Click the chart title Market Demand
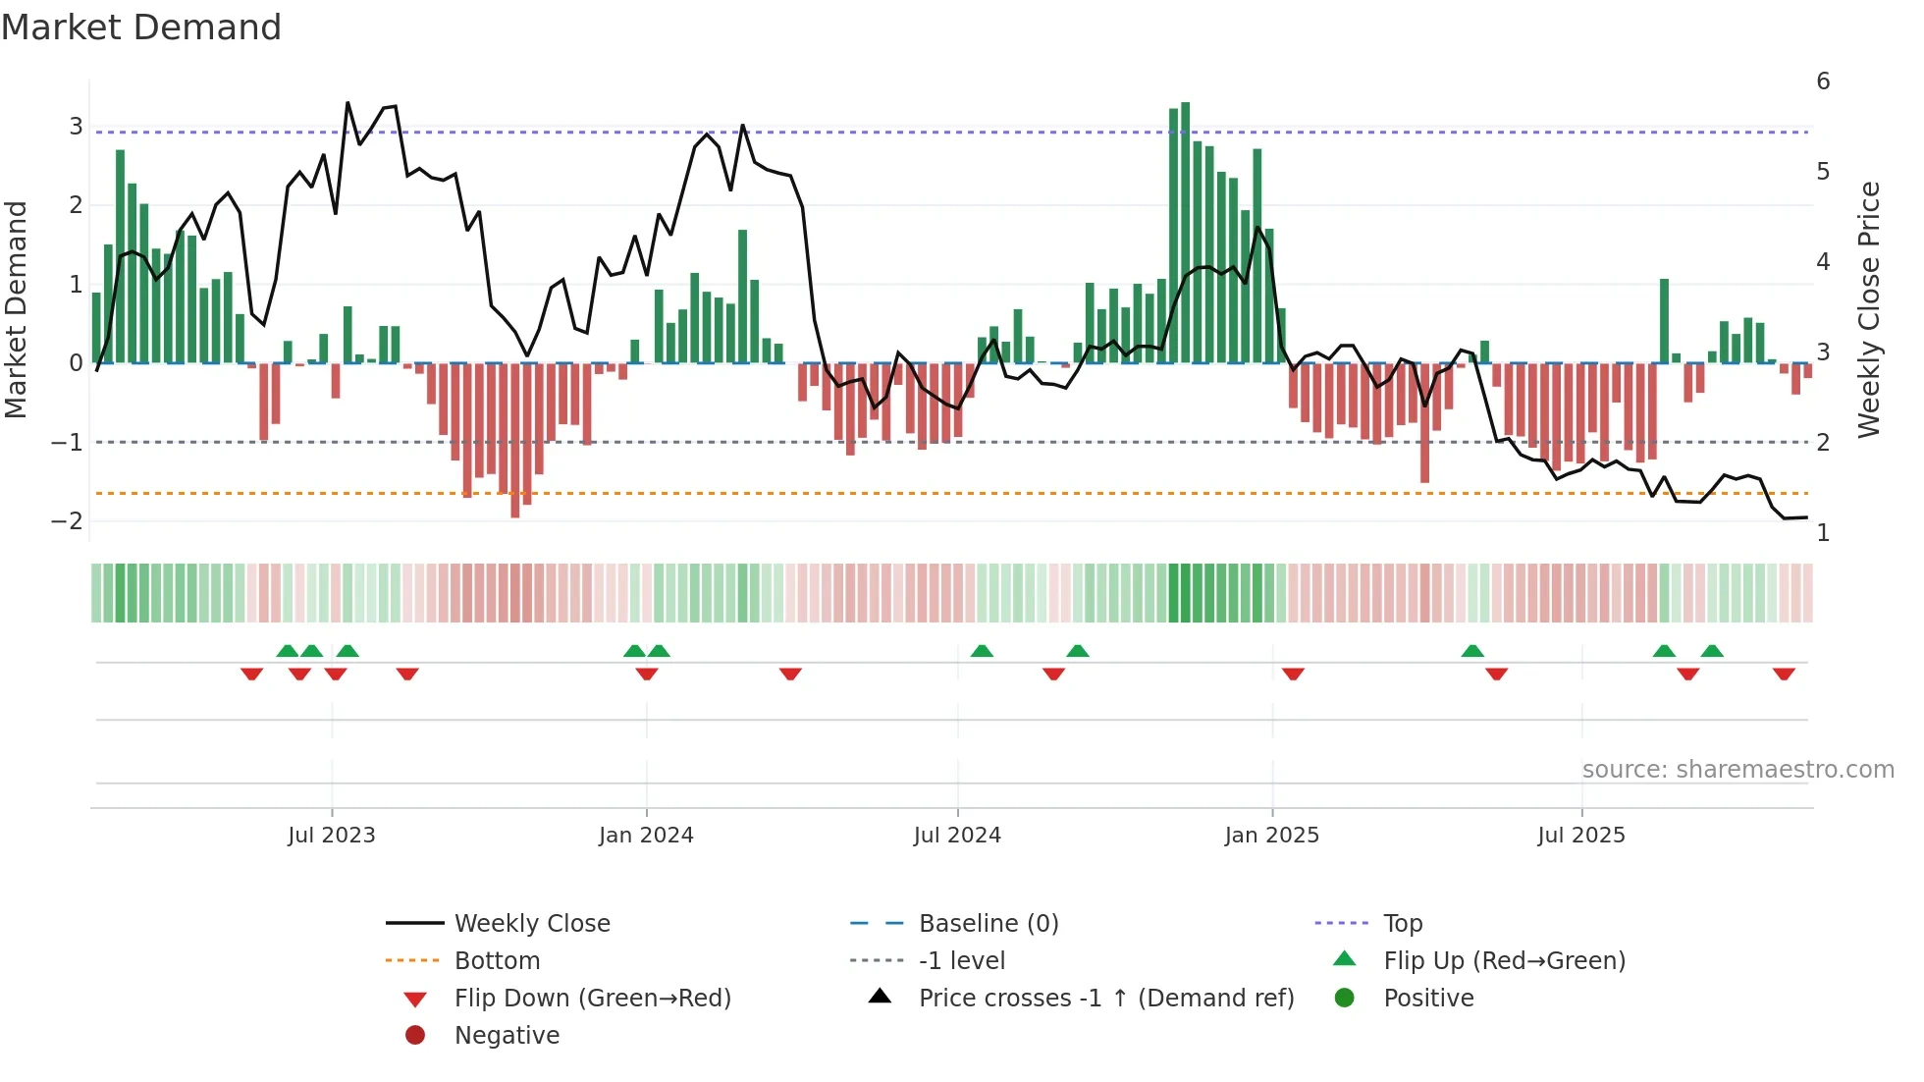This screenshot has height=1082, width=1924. (141, 27)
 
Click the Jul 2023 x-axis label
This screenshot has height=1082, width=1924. (332, 836)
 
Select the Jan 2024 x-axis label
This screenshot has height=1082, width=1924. (646, 836)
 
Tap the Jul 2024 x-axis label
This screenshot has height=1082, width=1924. (957, 836)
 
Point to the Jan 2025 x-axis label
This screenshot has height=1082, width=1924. (1272, 836)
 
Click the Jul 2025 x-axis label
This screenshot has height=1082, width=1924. (1581, 836)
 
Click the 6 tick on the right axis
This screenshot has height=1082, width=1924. (1823, 81)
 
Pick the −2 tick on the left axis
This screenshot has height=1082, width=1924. (67, 521)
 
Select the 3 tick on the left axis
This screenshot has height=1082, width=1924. (76, 127)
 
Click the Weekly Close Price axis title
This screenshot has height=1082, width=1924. (1869, 309)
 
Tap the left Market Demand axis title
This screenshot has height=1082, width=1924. (17, 309)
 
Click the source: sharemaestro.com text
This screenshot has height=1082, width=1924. (1737, 770)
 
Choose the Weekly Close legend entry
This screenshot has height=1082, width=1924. (532, 924)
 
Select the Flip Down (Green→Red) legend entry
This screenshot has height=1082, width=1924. (592, 999)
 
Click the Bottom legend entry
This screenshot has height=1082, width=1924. (497, 961)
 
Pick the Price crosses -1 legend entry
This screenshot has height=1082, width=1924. (1106, 999)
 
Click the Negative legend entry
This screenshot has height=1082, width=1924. (507, 1036)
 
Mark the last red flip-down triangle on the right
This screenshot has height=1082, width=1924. (1784, 674)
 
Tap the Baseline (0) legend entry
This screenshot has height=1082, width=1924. (989, 924)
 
